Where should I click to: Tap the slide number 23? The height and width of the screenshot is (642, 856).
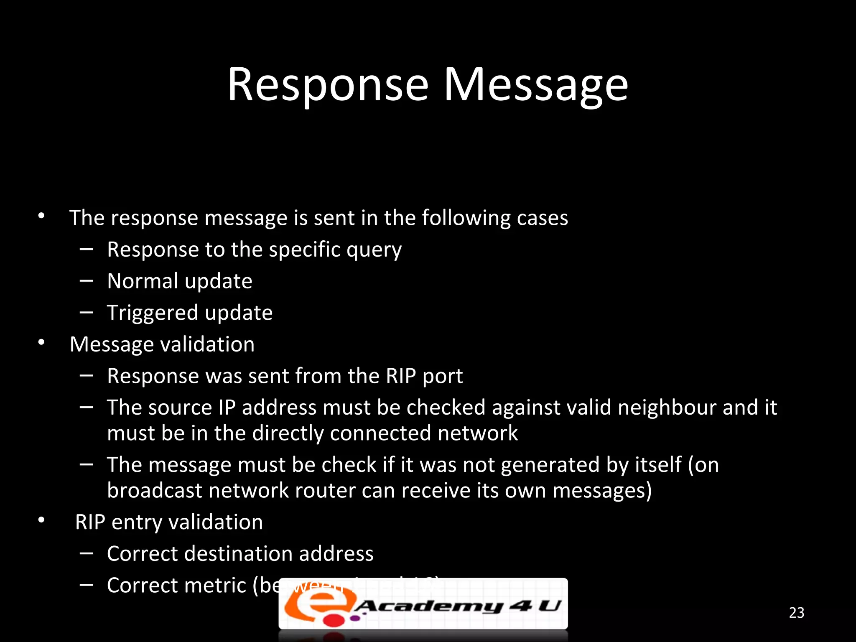click(796, 613)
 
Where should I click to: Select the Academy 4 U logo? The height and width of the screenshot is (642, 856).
click(423, 604)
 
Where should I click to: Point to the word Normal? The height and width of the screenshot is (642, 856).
click(142, 281)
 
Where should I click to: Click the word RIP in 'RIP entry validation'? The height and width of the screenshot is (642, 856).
click(90, 522)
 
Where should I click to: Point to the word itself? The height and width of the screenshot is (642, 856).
click(658, 465)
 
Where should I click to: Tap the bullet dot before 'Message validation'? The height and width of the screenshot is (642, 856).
click(41, 343)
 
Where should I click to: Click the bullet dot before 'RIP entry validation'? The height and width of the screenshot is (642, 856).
click(41, 520)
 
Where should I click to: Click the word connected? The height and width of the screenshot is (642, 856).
click(380, 433)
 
